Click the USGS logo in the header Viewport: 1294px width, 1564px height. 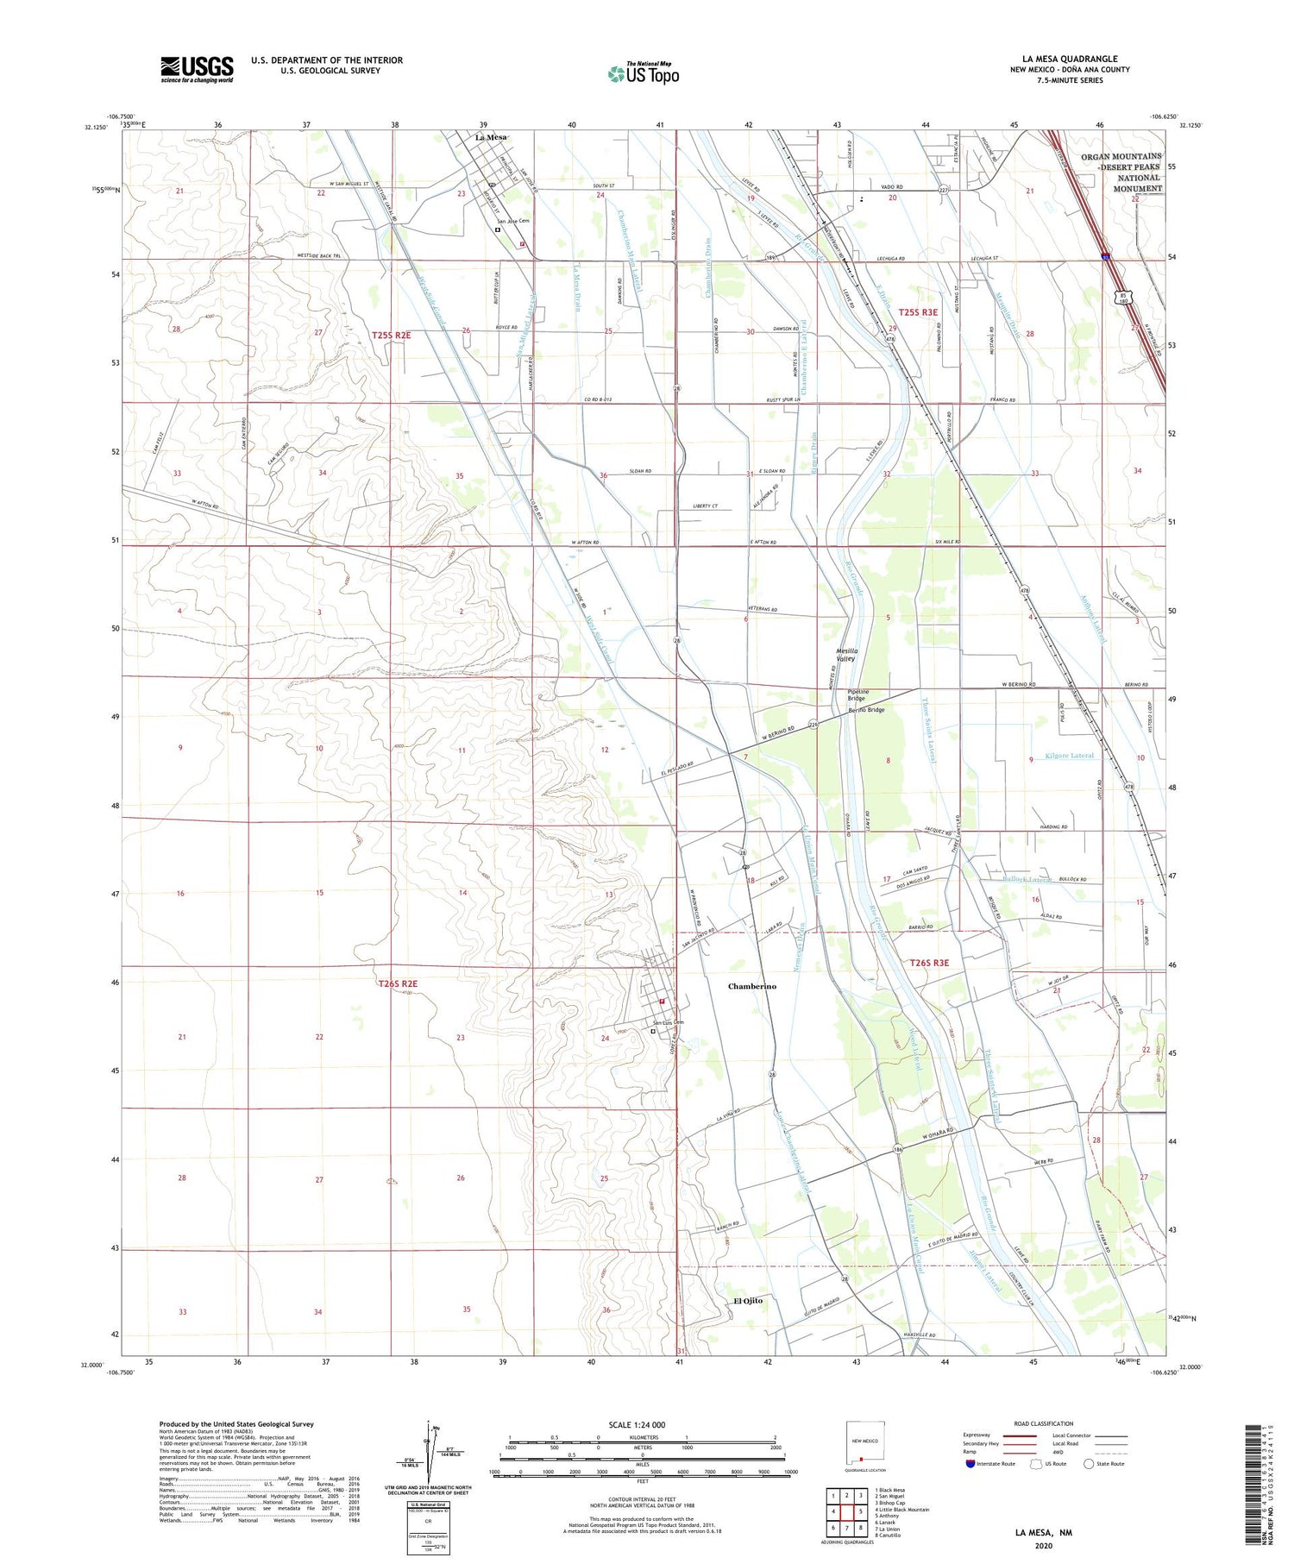pyautogui.click(x=197, y=69)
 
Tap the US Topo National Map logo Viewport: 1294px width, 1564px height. pyautogui.click(x=643, y=73)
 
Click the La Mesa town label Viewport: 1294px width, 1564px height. pyautogui.click(x=491, y=137)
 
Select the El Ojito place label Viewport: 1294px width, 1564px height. pyautogui.click(x=748, y=1300)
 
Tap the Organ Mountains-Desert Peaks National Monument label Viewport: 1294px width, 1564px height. pyautogui.click(x=1121, y=173)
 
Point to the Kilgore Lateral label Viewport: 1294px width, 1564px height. pyautogui.click(x=1069, y=756)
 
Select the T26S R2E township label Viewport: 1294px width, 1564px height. pyautogui.click(x=397, y=983)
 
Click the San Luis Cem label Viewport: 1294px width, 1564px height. pyautogui.click(x=667, y=1023)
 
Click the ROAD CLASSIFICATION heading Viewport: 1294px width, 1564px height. pyautogui.click(x=1044, y=1423)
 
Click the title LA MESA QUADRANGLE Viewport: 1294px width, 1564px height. pyautogui.click(x=1070, y=59)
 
